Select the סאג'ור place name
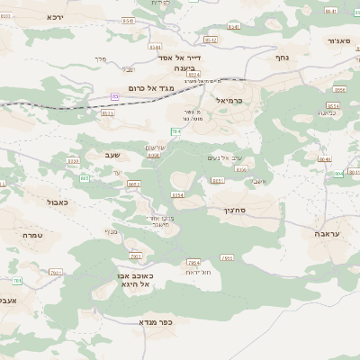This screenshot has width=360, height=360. (x=338, y=40)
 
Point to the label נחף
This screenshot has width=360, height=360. (x=281, y=56)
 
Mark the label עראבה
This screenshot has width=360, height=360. (x=331, y=234)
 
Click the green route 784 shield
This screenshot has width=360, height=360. (x=176, y=131)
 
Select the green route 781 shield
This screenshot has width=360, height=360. (x=55, y=271)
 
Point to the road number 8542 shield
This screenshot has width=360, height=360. (x=210, y=40)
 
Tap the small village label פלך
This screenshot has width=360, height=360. (x=100, y=58)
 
